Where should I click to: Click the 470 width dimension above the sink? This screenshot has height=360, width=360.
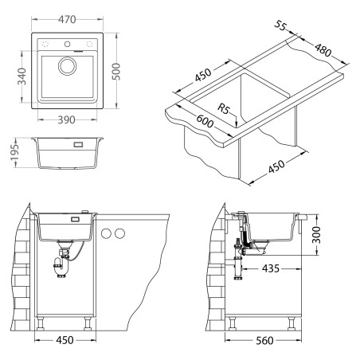coord(67,19)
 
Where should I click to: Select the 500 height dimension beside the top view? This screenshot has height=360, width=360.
coord(116,72)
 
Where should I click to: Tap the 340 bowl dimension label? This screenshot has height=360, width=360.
coord(22,76)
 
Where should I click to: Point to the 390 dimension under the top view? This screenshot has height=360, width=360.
coord(66,119)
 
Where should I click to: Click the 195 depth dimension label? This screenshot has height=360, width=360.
coord(14,153)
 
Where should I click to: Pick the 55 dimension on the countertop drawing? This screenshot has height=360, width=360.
coord(280,25)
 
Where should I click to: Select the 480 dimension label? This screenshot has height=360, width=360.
coord(323,50)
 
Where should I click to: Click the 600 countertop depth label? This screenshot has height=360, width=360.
coord(205,121)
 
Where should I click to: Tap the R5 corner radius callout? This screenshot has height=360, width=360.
coord(224,108)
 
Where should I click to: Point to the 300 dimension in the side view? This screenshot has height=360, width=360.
coord(316,235)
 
